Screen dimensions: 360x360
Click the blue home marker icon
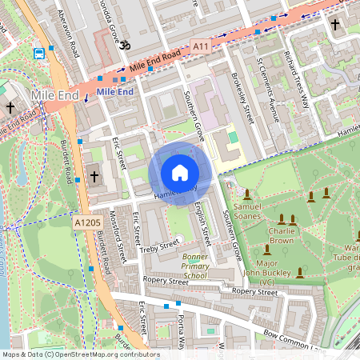click(180, 173)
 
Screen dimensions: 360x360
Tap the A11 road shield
click(202, 48)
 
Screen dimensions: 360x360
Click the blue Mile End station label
click(114, 92)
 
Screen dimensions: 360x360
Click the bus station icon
click(39, 54)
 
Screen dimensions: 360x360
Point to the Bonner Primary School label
click(188, 268)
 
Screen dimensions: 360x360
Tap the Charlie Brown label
click(282, 234)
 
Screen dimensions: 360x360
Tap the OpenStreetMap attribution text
click(81, 354)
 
